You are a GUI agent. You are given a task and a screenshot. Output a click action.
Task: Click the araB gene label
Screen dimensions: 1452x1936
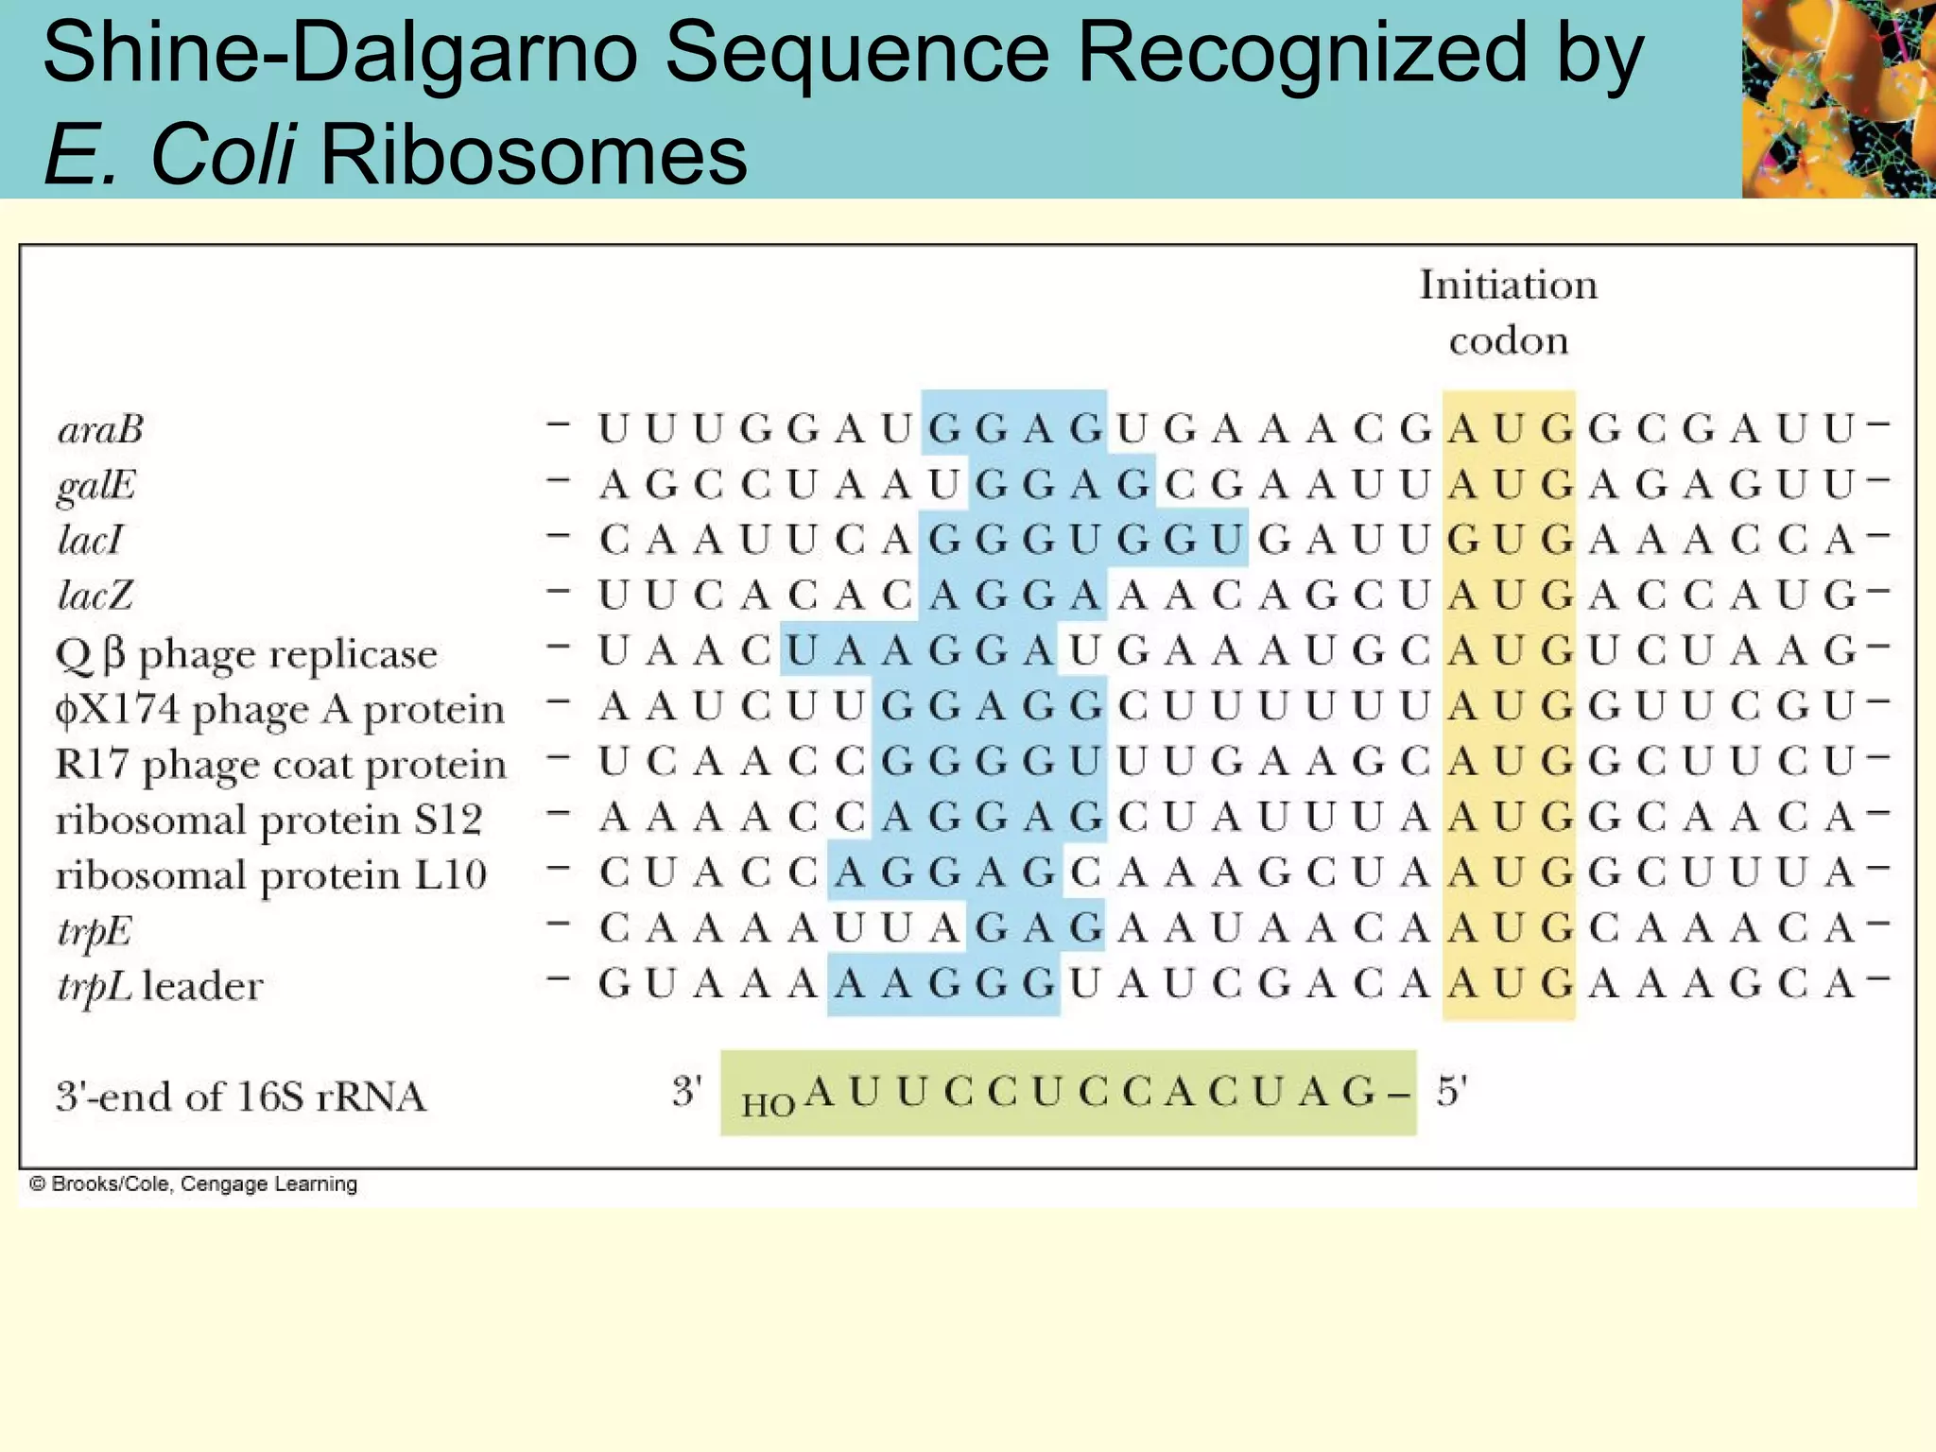(100, 430)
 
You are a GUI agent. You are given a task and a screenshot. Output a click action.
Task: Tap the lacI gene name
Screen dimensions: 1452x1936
(91, 541)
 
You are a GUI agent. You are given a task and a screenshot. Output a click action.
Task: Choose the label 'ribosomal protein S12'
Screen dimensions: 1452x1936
(269, 820)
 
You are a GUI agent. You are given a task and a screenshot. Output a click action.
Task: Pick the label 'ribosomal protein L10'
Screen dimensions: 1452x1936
(271, 875)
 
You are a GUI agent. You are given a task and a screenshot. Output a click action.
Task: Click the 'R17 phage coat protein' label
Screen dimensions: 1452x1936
(281, 765)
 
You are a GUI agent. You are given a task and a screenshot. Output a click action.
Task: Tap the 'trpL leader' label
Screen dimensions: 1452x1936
(160, 987)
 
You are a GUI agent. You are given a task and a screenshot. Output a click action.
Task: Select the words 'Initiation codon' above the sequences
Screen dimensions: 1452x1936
(1509, 312)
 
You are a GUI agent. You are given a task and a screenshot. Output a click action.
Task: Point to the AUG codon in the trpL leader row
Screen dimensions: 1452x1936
(1510, 985)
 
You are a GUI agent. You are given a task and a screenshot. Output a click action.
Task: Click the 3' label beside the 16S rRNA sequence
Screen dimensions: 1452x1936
(687, 1092)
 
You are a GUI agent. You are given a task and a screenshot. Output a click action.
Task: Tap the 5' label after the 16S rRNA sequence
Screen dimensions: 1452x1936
(1452, 1092)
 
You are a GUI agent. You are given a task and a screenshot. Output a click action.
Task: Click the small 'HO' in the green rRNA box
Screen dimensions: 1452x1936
(768, 1104)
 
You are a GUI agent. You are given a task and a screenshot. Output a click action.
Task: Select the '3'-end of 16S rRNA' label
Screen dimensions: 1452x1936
(241, 1097)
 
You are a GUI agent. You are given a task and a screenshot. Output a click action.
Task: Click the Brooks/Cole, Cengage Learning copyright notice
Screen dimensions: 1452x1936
(194, 1184)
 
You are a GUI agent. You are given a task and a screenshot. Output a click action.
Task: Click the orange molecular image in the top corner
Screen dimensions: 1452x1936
(1839, 98)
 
